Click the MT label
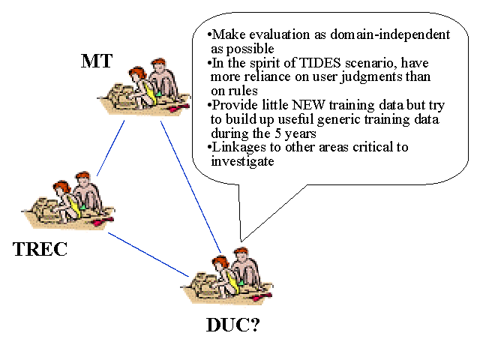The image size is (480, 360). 97,62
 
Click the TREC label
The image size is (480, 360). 40,249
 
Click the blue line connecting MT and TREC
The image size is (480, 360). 111,148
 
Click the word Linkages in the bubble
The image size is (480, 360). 238,147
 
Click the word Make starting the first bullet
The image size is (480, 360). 229,34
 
